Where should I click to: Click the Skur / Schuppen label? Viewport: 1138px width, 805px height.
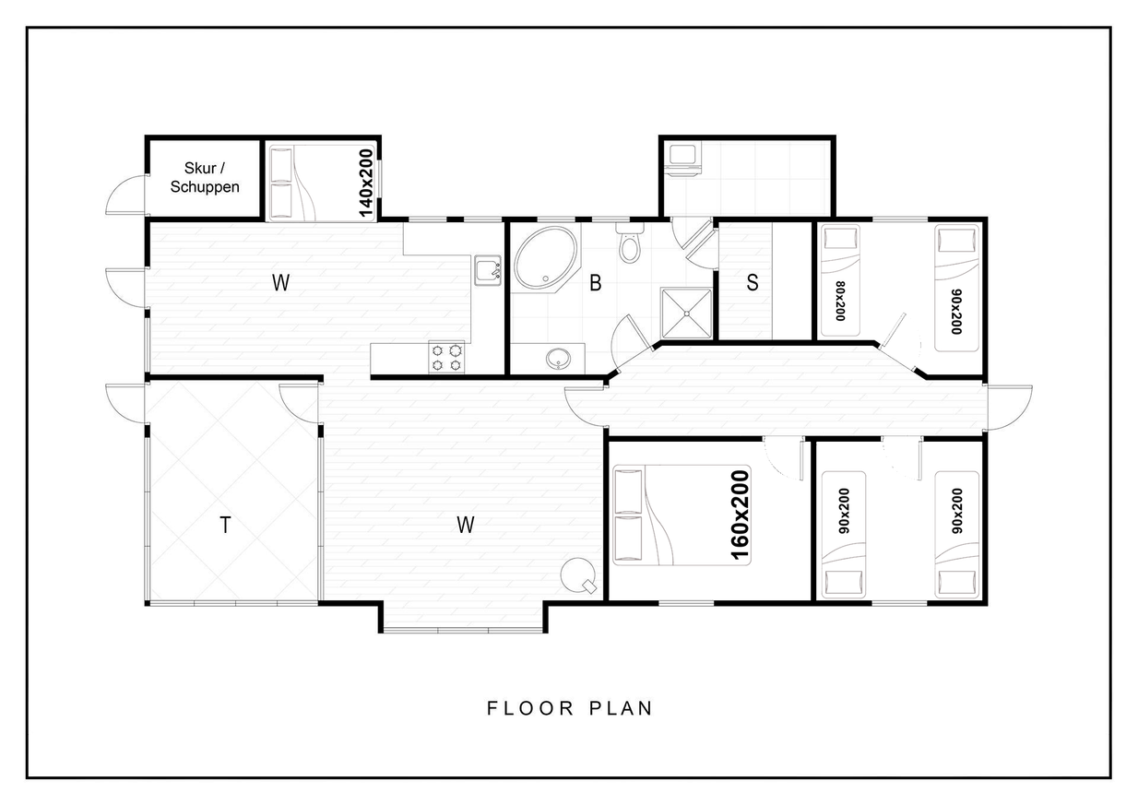tap(205, 177)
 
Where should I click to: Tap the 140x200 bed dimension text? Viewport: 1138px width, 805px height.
tap(366, 183)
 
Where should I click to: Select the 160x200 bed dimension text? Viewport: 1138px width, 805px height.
tap(741, 515)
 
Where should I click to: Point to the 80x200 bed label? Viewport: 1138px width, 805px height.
tap(840, 301)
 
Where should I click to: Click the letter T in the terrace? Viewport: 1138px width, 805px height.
tap(225, 525)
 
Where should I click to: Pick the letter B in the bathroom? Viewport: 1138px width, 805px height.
tap(596, 283)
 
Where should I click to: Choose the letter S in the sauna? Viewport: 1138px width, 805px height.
tap(753, 282)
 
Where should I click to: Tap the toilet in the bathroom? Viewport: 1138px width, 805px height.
tap(630, 243)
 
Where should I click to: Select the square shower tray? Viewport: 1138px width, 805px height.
tap(686, 314)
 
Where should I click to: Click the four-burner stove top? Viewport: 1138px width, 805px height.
tap(446, 358)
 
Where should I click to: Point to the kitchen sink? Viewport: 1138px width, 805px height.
tap(488, 270)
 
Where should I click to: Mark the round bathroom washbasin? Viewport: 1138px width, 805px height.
tap(559, 359)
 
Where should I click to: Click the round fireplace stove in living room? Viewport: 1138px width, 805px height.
tap(578, 575)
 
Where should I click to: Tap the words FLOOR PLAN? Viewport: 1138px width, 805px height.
tap(570, 708)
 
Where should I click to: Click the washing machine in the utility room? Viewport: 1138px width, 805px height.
tap(682, 160)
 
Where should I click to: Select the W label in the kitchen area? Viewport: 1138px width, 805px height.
tap(281, 282)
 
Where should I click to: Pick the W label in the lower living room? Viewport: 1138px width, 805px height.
tap(466, 525)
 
